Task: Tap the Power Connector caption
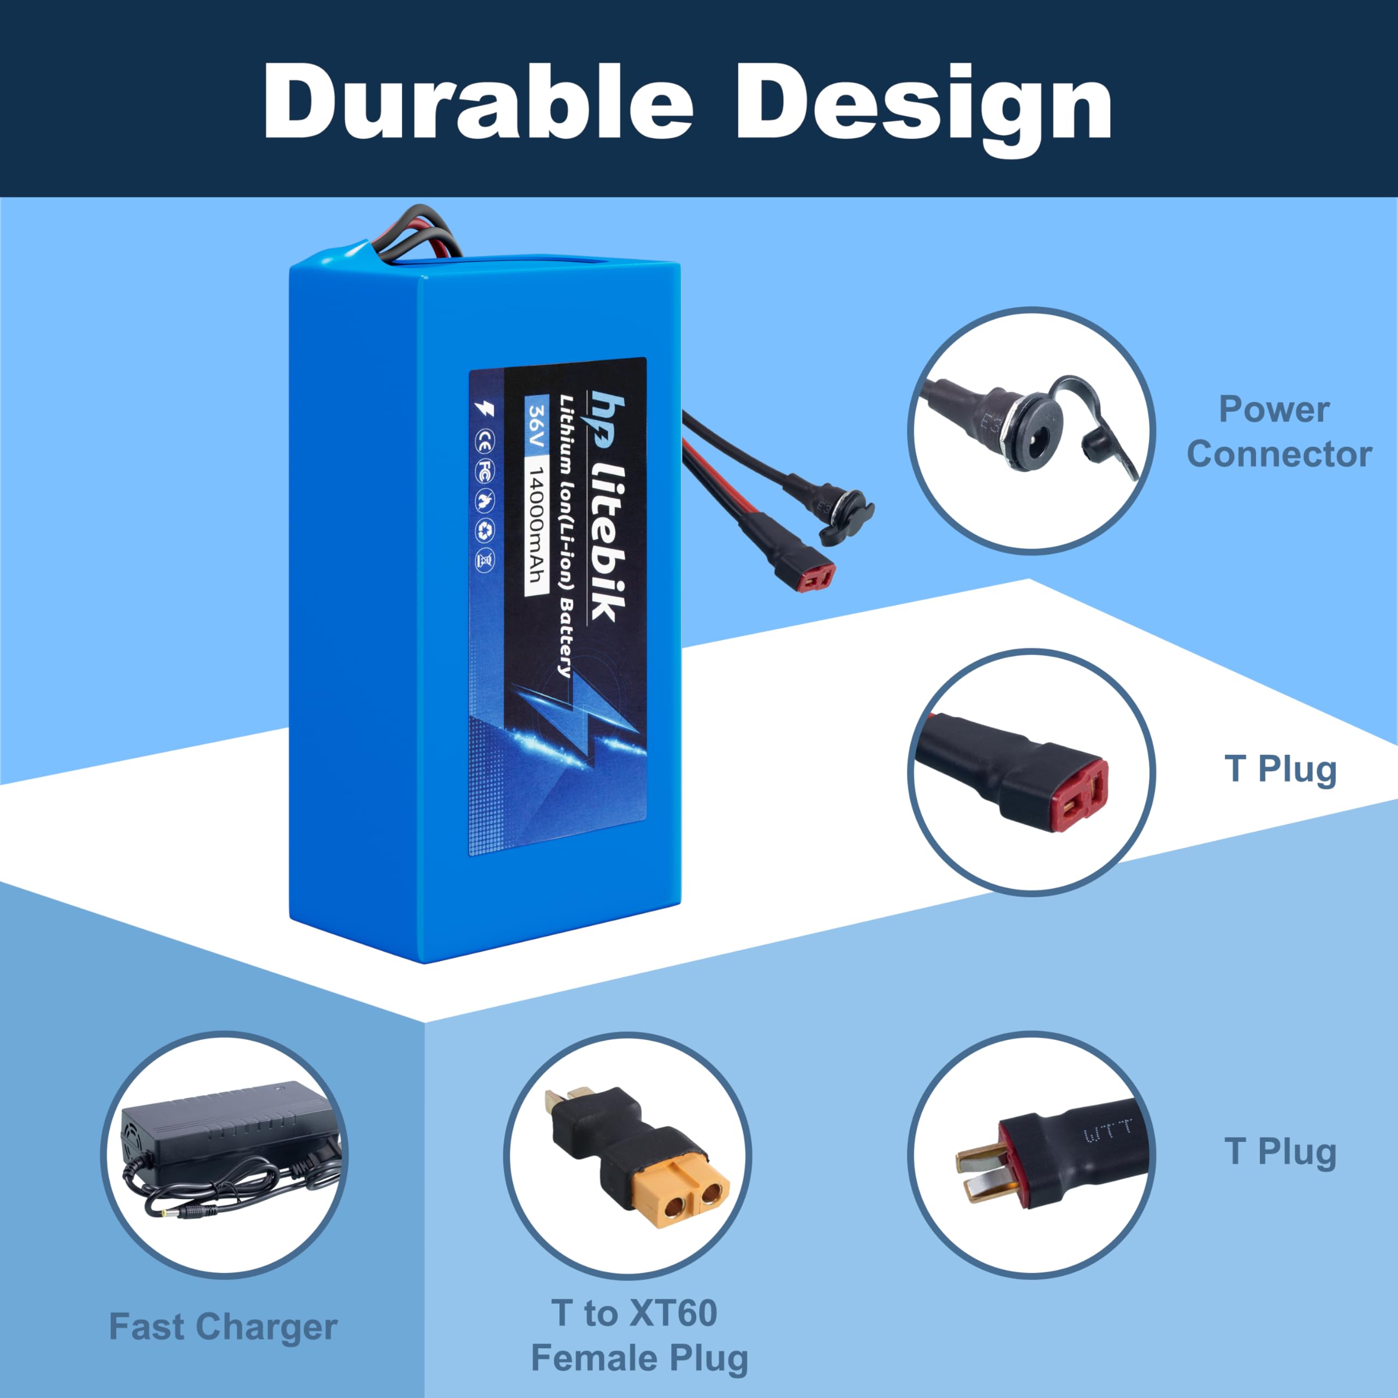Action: (1278, 432)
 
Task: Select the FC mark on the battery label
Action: (484, 472)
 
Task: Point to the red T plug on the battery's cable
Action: (817, 577)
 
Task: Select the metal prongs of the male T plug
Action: (978, 1172)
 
